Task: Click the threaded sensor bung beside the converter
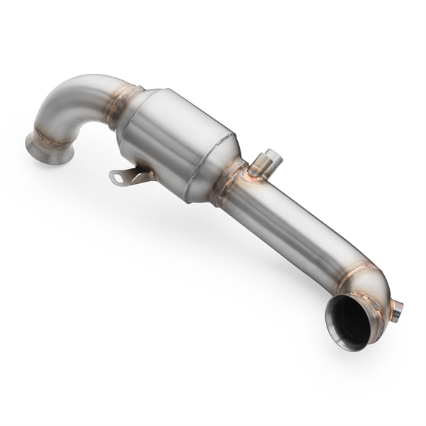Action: (x=266, y=165)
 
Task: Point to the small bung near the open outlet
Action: (x=395, y=310)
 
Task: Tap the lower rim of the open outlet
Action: (x=341, y=341)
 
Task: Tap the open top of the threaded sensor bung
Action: (x=271, y=154)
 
